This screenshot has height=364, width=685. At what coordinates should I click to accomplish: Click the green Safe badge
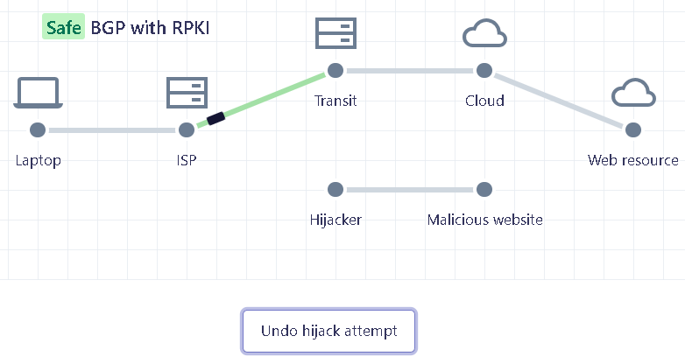pos(63,28)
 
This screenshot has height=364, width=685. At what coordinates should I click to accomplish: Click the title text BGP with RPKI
pos(150,28)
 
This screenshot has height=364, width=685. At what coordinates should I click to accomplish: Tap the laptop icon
pos(38,93)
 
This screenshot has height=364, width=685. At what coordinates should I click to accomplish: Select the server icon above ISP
pos(187,93)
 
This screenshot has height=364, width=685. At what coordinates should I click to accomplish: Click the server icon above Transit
pos(335,33)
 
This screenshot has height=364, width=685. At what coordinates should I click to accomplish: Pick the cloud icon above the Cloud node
pos(484,34)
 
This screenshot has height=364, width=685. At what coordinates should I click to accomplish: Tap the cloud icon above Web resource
pos(633,93)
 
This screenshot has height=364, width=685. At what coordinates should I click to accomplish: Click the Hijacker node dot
pos(335,189)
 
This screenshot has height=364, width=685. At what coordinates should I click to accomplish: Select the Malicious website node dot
pos(484,189)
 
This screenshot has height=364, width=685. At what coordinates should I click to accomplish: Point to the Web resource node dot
pos(633,129)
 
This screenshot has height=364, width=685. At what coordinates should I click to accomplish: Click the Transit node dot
pos(335,70)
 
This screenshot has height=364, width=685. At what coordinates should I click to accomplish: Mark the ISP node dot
pos(187,129)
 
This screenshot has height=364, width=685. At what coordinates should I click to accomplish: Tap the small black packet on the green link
pos(216,118)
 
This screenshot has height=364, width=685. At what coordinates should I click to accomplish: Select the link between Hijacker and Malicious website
pos(409,189)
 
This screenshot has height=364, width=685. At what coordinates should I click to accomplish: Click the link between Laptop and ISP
pos(112,129)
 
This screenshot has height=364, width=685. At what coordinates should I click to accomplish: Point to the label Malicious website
pos(484,220)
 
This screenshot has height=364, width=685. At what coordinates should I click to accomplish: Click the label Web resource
pos(632,160)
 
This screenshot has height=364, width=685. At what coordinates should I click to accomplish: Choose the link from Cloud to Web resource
pos(559,100)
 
